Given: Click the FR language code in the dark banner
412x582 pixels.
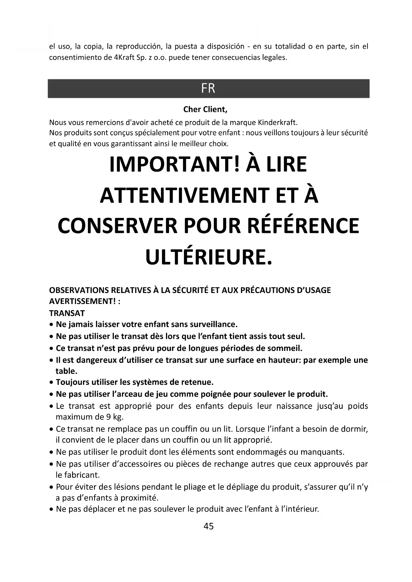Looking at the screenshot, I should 208,89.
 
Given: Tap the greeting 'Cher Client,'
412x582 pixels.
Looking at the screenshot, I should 205,109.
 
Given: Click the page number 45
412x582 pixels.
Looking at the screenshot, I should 208,526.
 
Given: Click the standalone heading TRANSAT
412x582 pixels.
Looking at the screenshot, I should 67,313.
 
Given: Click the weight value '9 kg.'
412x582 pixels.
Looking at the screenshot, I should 114,417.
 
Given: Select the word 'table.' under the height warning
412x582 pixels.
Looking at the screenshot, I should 66,371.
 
